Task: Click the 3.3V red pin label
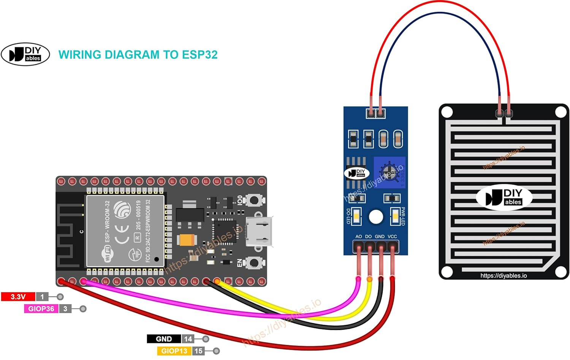point(18,297)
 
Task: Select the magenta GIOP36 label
point(41,309)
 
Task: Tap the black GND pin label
point(164,339)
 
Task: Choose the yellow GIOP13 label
point(174,351)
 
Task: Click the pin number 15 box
point(198,351)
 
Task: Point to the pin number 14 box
point(188,339)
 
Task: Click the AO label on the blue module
point(358,237)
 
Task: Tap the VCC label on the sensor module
point(392,237)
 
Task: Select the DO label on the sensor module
point(368,237)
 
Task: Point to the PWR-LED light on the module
point(395,217)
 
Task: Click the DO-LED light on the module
point(356,217)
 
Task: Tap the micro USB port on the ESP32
point(259,231)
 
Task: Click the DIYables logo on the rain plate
point(504,197)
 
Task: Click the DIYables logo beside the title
point(25,54)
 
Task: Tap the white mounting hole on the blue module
point(376,217)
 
